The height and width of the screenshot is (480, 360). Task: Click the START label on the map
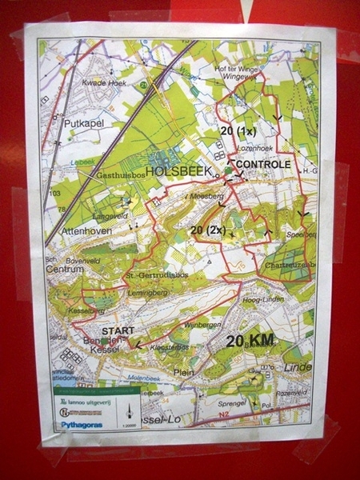click(x=117, y=329)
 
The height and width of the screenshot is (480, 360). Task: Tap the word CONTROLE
click(x=264, y=164)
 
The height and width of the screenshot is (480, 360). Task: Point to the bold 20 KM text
click(x=250, y=340)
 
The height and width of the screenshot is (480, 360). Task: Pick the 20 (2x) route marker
click(x=207, y=230)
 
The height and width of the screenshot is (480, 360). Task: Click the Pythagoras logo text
click(x=80, y=425)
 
